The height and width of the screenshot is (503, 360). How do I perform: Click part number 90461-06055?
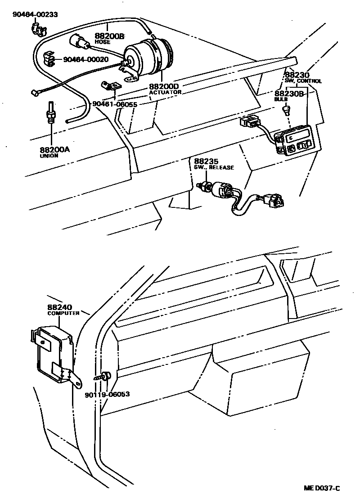coord(115,104)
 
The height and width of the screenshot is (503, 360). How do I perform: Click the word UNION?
coord(47,156)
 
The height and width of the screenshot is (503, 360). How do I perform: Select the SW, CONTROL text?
coord(303,81)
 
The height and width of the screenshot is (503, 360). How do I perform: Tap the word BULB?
coord(281,99)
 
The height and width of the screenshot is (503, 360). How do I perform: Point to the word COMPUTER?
coord(63,313)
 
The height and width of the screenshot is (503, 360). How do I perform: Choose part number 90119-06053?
coord(107,394)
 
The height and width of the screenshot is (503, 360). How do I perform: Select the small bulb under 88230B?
coord(287,109)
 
